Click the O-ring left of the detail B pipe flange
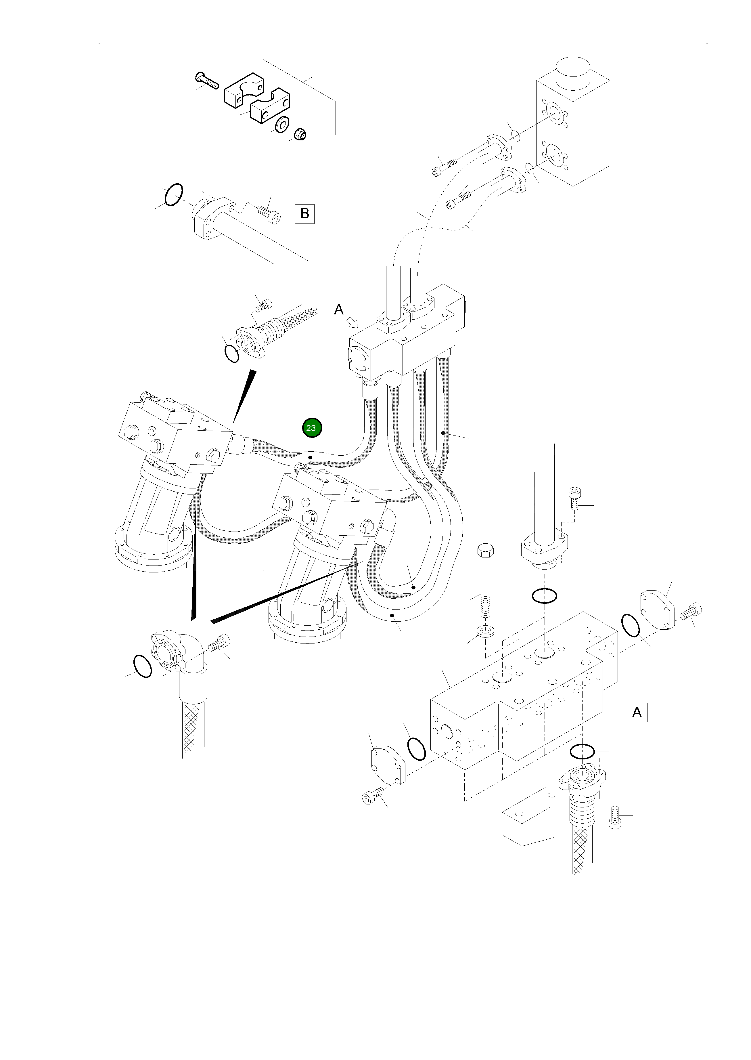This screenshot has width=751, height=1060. pyautogui.click(x=174, y=194)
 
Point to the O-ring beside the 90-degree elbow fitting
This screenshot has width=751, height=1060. pyautogui.click(x=142, y=666)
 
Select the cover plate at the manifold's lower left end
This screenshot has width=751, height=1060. pyautogui.click(x=388, y=765)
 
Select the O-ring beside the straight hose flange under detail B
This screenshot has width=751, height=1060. pyautogui.click(x=232, y=354)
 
